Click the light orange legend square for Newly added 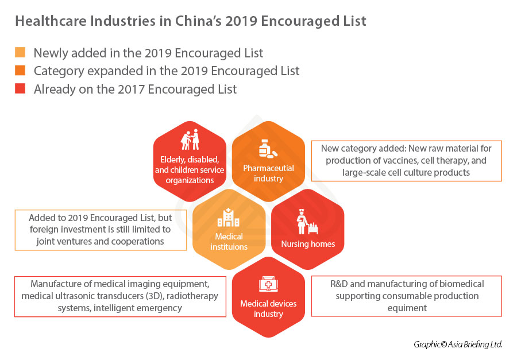click(x=20, y=53)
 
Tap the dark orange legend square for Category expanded click(x=20, y=71)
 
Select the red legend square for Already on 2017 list click(x=20, y=89)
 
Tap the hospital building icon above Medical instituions click(x=229, y=218)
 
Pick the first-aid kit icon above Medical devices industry click(x=268, y=285)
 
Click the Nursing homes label click(x=308, y=244)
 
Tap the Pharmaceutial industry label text click(x=268, y=173)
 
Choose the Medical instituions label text click(x=229, y=241)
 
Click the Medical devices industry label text click(x=268, y=309)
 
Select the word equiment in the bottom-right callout click(x=406, y=308)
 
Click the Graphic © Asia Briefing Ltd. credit click(x=458, y=344)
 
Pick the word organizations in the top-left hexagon click(x=190, y=180)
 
